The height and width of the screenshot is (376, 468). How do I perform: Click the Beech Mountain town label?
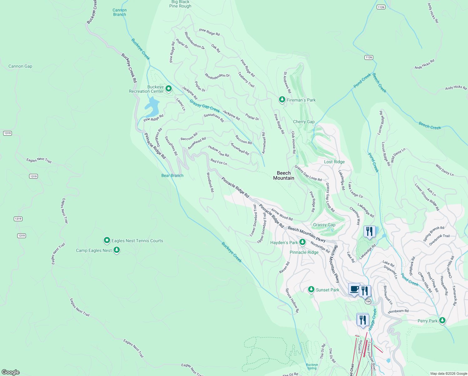(284, 175)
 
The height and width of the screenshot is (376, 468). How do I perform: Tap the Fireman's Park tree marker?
(282, 100)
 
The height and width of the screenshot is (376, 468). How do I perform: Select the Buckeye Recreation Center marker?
(169, 89)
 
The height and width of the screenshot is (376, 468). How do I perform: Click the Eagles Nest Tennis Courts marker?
(107, 241)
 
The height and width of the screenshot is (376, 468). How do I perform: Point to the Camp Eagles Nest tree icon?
(117, 250)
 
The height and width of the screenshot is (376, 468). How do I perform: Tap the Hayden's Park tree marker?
(302, 242)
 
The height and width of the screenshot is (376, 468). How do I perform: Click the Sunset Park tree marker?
(311, 290)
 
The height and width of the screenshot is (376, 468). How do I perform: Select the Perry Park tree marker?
(442, 320)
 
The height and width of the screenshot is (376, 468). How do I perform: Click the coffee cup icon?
(354, 289)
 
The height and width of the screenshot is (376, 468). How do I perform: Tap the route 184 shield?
(368, 301)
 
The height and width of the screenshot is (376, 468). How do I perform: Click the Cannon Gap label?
(20, 66)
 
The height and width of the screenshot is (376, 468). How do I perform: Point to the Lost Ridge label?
(334, 162)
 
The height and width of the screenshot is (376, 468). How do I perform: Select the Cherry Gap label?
(304, 122)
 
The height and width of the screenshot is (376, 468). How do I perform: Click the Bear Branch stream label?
(172, 175)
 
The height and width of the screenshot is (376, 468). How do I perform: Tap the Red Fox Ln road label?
(219, 162)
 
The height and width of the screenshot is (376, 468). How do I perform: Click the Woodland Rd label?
(210, 182)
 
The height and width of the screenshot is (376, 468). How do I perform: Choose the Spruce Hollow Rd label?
(292, 300)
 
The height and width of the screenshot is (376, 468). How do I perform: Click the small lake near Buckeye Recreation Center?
(152, 107)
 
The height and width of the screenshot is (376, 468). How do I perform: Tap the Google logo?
(11, 372)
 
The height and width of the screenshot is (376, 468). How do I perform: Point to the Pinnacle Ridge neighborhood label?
(304, 252)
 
